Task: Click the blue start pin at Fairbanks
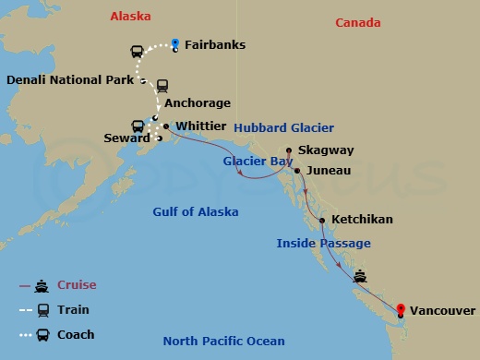pos(175,42)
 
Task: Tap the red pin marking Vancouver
pos(401,311)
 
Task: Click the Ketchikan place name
pos(363,220)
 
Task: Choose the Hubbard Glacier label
pos(283,127)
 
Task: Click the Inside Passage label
pos(323,243)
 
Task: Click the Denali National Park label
pos(71,80)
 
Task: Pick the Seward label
pos(126,138)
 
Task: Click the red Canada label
pos(357,21)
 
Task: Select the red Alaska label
pos(130,16)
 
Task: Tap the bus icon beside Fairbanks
pos(137,52)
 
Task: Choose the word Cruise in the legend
pos(78,285)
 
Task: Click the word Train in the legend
pos(75,310)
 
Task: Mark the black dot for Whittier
pos(166,126)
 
